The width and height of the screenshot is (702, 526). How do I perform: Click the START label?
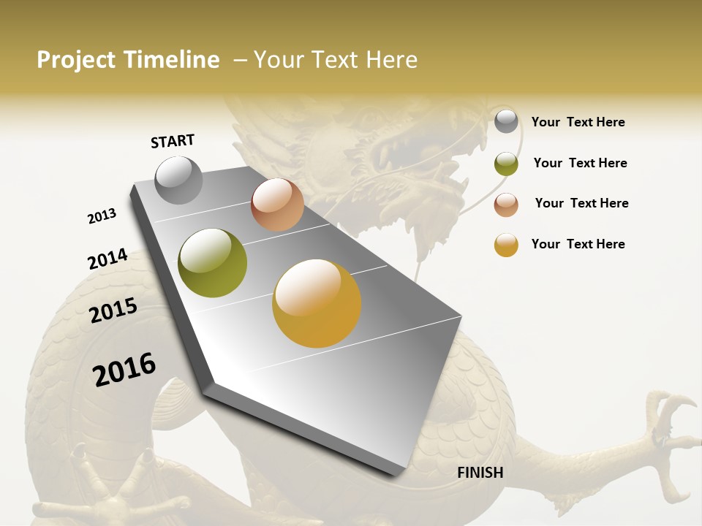point(173,141)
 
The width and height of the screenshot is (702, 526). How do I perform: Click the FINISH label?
point(480,473)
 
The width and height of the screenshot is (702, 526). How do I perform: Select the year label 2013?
point(102,216)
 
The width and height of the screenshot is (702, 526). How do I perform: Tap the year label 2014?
point(107,259)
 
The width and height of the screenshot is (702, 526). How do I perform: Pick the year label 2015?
point(113,310)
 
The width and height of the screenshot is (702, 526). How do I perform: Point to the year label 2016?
point(124,370)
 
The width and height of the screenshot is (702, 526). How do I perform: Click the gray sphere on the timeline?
point(179,180)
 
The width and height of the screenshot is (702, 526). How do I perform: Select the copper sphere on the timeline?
point(277,205)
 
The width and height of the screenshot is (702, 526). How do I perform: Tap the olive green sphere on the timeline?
point(213,263)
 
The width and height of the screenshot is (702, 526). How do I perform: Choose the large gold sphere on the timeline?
point(317,303)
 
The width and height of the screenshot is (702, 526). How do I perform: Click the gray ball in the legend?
point(506,121)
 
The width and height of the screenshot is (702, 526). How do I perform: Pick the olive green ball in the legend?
point(506,164)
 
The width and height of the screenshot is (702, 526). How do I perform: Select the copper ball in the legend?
point(506,205)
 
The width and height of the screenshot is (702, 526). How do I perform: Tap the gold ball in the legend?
point(506,245)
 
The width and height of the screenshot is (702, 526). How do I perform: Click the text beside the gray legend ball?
point(578,122)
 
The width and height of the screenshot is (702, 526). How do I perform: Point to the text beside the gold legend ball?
point(578,244)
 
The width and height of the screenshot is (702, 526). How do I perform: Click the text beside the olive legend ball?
point(580,163)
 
